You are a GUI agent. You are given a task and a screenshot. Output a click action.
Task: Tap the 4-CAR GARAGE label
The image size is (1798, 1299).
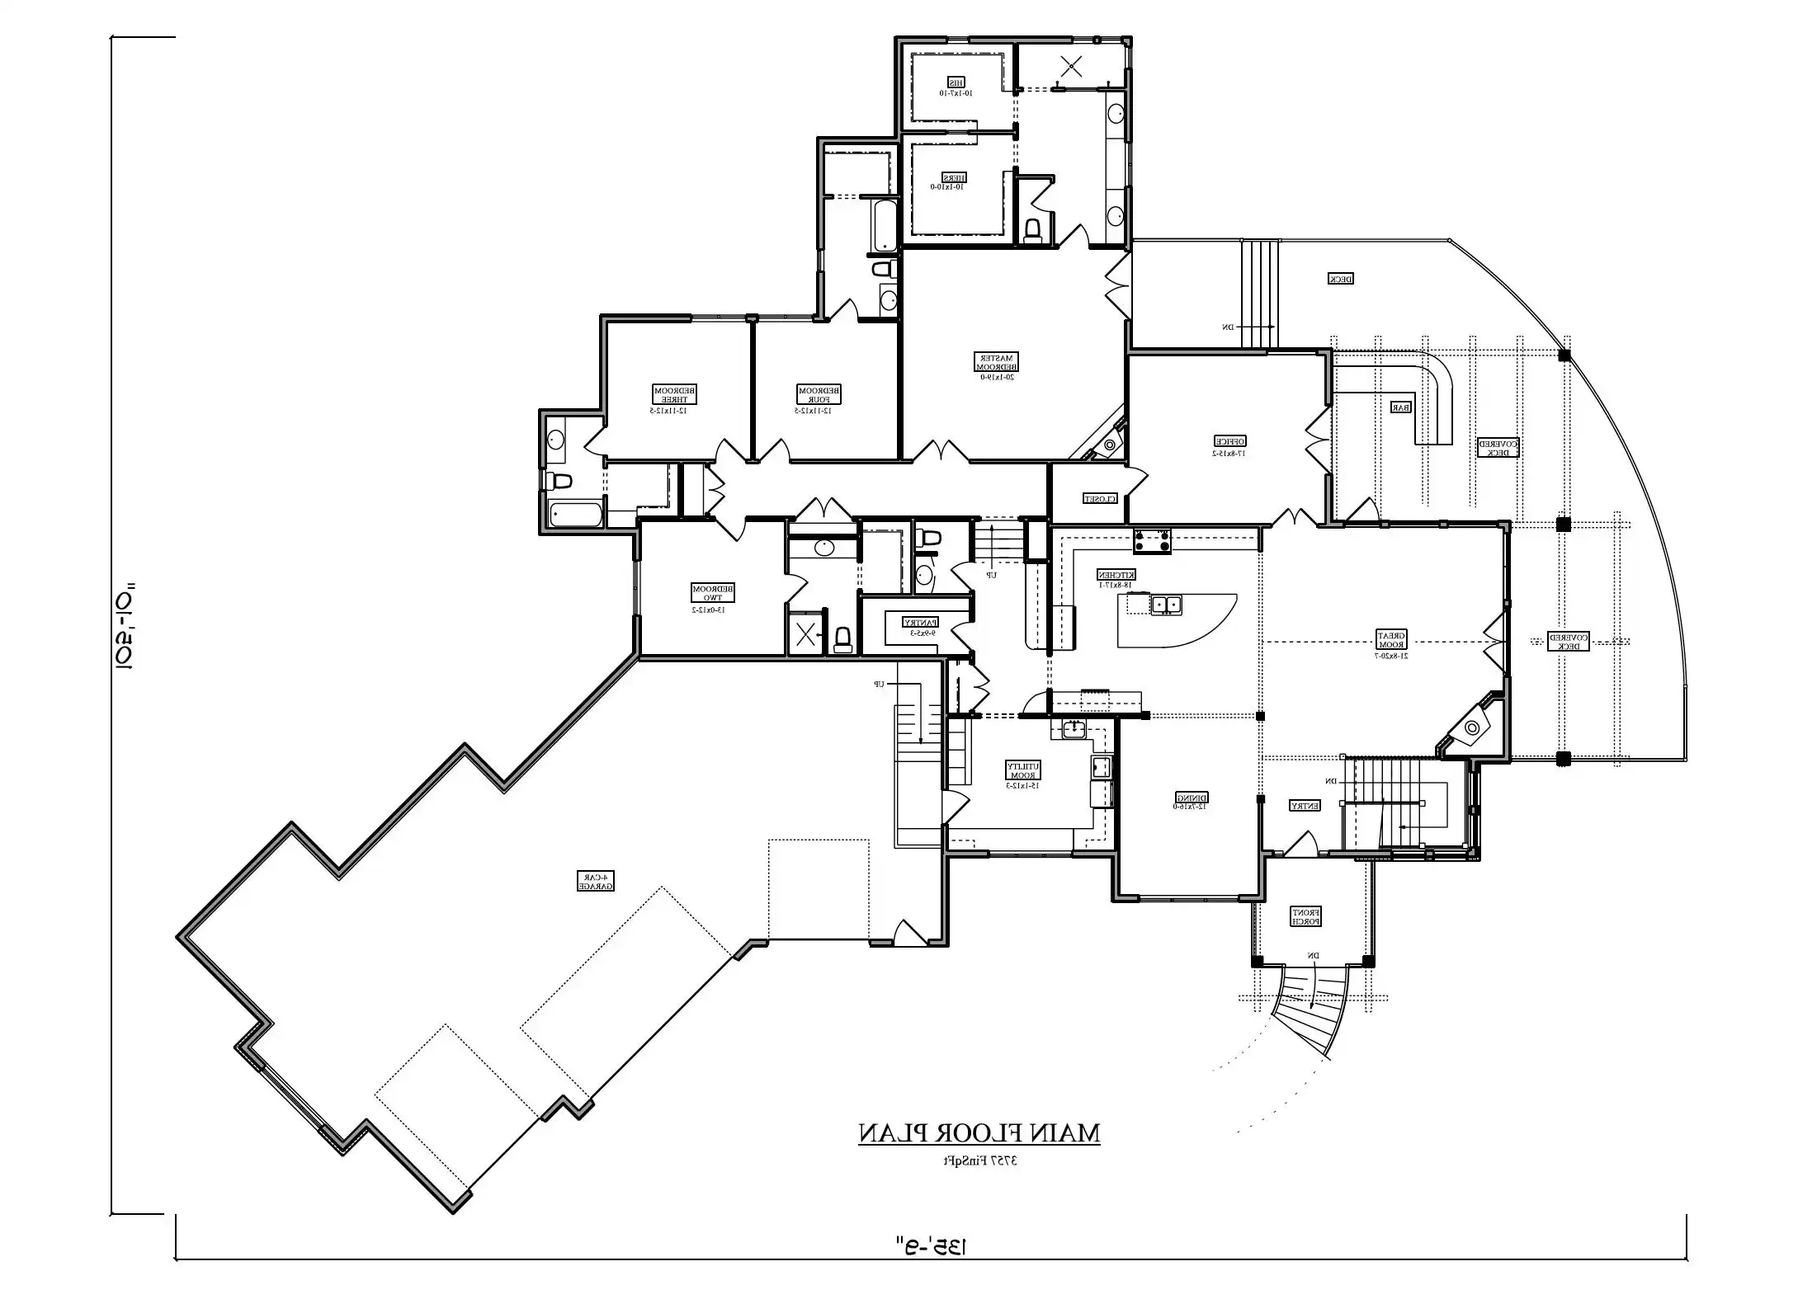point(596,881)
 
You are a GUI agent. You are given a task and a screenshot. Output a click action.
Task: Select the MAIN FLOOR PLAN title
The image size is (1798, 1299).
point(979,1133)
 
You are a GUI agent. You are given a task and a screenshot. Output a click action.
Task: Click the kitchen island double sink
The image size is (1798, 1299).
point(1167,605)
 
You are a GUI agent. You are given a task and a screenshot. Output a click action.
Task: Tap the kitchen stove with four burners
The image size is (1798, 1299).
point(1152,541)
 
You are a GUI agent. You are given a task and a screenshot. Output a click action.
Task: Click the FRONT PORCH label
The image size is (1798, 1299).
point(1306,915)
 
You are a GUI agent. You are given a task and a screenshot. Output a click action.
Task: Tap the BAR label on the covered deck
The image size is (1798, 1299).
point(1400,407)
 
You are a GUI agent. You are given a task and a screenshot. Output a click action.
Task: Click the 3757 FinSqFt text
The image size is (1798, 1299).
point(980,1160)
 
